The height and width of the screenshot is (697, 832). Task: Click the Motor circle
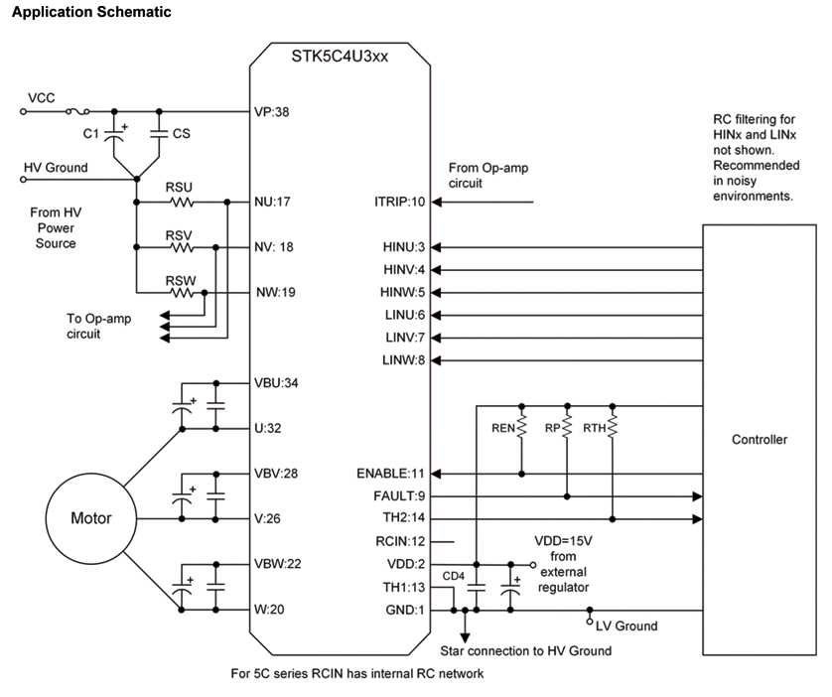click(x=90, y=518)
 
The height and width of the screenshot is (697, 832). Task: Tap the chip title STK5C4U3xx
click(x=341, y=57)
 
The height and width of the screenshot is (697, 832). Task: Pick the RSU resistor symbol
click(x=180, y=203)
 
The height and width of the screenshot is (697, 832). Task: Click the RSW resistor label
click(x=181, y=280)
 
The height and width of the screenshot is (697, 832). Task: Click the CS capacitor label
click(x=181, y=133)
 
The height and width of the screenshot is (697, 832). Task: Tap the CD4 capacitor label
click(x=453, y=574)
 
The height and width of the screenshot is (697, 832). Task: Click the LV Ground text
click(x=626, y=626)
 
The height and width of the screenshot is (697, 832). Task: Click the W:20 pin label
click(x=270, y=610)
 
